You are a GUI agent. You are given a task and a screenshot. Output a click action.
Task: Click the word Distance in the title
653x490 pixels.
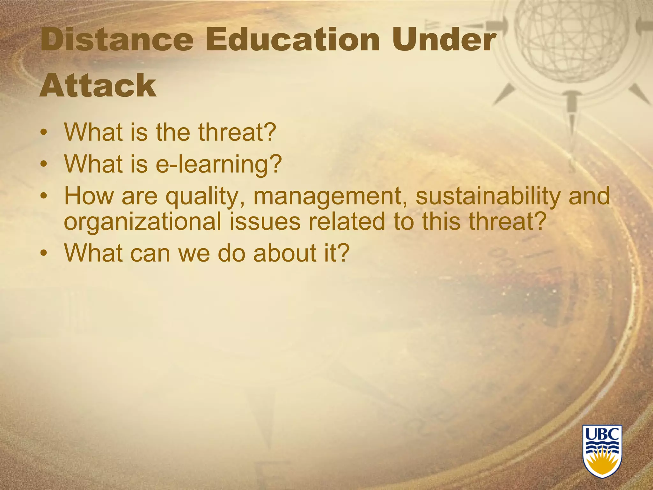click(x=117, y=40)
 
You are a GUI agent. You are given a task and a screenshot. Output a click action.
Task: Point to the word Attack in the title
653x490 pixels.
click(x=98, y=85)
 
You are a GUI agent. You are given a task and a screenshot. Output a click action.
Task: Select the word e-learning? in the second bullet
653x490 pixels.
click(x=219, y=164)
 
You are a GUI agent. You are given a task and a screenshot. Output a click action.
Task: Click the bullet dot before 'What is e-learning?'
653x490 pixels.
click(x=45, y=165)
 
